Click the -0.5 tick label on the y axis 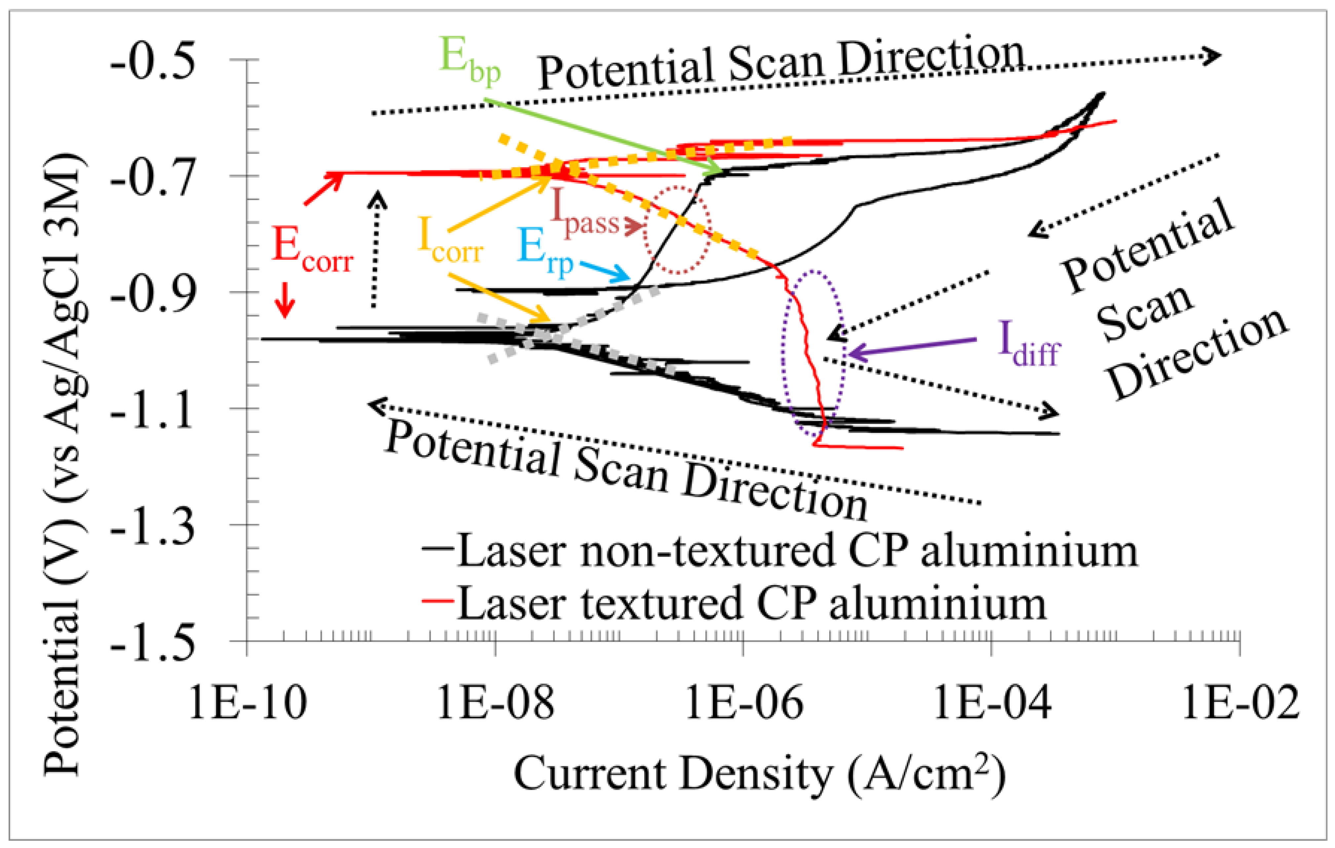coord(152,65)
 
